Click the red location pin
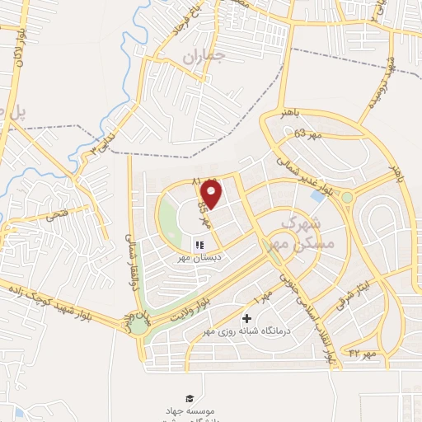click(212, 195)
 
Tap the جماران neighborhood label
click(204, 59)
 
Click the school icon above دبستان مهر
click(199, 245)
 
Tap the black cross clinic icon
click(246, 318)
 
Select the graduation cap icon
click(190, 398)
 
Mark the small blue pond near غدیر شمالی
click(318, 197)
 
